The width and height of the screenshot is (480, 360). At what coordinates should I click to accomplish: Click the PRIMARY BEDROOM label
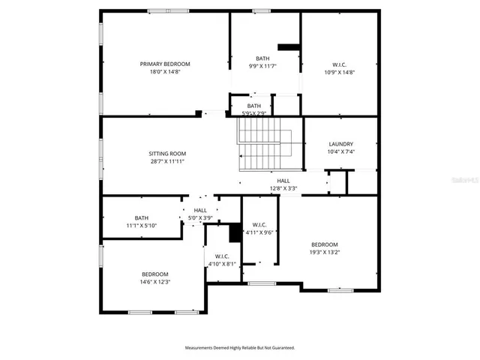[x=165, y=64]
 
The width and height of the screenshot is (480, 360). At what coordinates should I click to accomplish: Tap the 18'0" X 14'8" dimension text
[x=165, y=72]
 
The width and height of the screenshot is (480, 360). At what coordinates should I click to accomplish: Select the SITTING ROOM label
[x=166, y=153]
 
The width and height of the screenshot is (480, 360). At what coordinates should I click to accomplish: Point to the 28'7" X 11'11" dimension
[x=166, y=161]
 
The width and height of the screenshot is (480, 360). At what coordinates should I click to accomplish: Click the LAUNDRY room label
[x=340, y=144]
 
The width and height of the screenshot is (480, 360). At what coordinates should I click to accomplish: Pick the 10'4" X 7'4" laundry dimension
[x=340, y=152]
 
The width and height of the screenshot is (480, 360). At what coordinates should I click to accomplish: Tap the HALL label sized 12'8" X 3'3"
[x=283, y=181]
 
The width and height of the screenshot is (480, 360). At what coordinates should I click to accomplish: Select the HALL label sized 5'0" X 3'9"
[x=200, y=210]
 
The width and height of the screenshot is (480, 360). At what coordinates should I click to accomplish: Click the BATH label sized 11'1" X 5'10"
[x=142, y=218]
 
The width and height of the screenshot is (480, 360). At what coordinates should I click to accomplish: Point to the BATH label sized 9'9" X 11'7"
[x=262, y=58]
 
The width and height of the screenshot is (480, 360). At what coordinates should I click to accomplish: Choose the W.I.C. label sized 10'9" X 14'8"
[x=338, y=64]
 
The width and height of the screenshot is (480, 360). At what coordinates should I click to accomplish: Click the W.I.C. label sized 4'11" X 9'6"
[x=259, y=224]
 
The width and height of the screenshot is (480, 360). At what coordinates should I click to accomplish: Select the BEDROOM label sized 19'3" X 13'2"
[x=325, y=244]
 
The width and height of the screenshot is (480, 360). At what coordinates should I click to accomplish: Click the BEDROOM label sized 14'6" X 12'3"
[x=155, y=274]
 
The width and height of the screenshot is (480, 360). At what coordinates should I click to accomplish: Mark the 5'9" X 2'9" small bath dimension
[x=254, y=114]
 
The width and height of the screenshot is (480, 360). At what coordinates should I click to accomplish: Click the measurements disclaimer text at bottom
[x=240, y=348]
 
